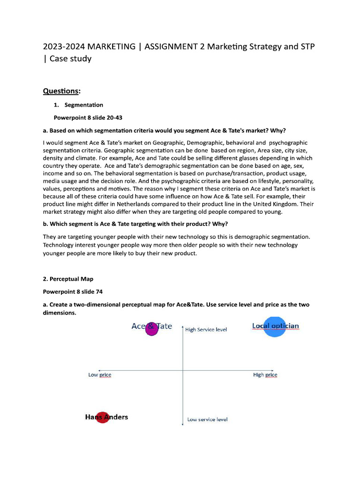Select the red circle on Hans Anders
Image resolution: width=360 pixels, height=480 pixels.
coord(102,417)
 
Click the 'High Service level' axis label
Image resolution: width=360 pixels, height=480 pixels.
coord(206,330)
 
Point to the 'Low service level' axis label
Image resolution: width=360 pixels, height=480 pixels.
coord(207,420)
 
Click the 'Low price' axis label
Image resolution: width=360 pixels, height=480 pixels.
coord(100,375)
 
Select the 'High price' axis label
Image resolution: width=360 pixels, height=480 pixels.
coord(265,375)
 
